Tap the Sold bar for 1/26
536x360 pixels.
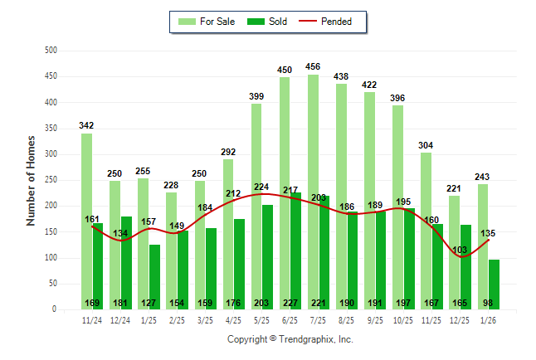pyautogui.click(x=494, y=284)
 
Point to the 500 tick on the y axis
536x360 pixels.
pyautogui.click(x=51, y=51)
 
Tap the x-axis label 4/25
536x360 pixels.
pyautogui.click(x=233, y=319)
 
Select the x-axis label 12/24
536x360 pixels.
pyautogui.click(x=120, y=319)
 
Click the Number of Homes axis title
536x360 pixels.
pyautogui.click(x=31, y=180)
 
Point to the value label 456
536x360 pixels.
pyautogui.click(x=313, y=66)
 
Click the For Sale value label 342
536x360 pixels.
pyautogui.click(x=86, y=125)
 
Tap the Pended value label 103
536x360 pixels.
pyautogui.click(x=460, y=250)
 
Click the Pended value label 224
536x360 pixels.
pyautogui.click(x=262, y=187)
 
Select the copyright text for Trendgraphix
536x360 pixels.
pyautogui.click(x=290, y=339)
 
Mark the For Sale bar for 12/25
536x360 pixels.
pyautogui.click(x=454, y=249)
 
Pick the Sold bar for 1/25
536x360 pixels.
pyautogui.click(x=155, y=274)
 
